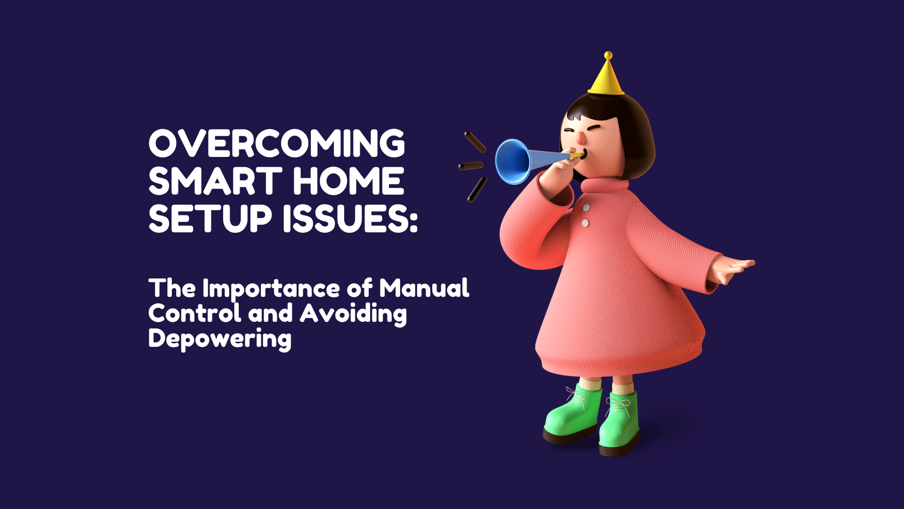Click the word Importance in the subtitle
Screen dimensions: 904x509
[271, 289]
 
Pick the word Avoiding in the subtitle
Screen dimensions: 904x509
[354, 315]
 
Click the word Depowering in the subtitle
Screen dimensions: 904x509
[220, 339]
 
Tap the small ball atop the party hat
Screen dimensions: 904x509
[608, 55]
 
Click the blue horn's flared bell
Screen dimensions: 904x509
[512, 162]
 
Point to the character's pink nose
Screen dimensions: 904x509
[581, 137]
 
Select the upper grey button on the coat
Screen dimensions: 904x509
[586, 207]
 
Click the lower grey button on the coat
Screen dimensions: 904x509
[585, 223]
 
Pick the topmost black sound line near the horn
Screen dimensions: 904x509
[475, 142]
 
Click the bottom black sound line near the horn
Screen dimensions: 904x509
[477, 189]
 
